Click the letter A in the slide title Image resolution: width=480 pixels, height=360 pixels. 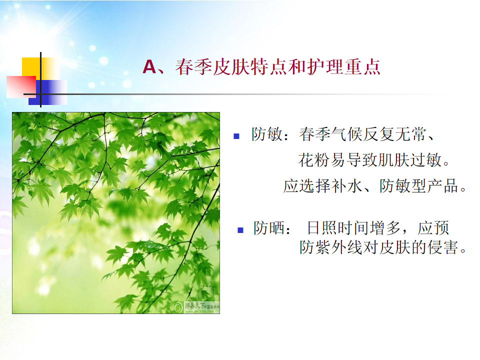pos(149,66)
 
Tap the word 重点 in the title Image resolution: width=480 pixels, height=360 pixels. pos(363,66)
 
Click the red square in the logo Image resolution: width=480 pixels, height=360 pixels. pos(21,87)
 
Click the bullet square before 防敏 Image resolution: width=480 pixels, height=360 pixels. pos(236,136)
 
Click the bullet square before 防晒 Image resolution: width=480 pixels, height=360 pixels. pos(240,230)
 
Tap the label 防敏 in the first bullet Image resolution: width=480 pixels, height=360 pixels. pos(266,134)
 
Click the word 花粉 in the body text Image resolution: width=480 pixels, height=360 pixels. pos(314,160)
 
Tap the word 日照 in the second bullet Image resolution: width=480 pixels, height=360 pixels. pos(322,228)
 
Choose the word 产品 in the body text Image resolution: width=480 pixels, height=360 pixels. pos(443,186)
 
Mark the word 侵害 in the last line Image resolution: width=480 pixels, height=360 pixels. pos(443,247)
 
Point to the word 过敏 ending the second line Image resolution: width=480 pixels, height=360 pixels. pos(426,160)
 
